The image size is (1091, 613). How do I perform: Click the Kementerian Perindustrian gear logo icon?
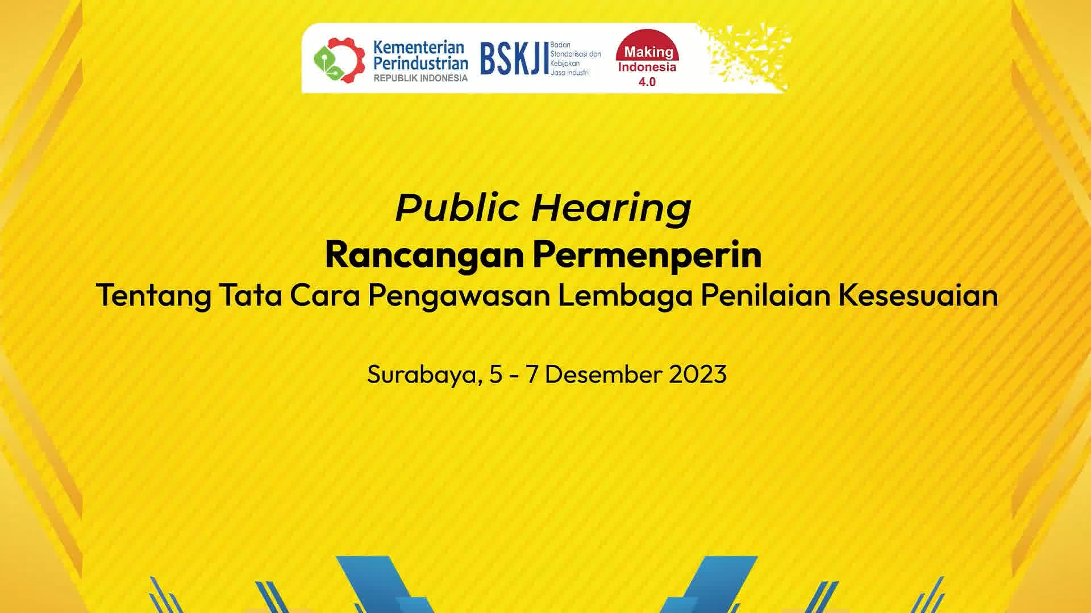pyautogui.click(x=339, y=60)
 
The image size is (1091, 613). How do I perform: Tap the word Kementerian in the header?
pyautogui.click(x=419, y=47)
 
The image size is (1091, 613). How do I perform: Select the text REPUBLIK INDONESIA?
pyautogui.click(x=420, y=78)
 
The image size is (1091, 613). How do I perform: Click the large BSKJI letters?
pyautogui.click(x=514, y=59)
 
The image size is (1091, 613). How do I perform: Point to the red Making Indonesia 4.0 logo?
pyautogui.click(x=648, y=59)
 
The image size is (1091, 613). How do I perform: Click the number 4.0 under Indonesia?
pyautogui.click(x=647, y=82)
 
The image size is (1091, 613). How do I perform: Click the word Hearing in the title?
pyautogui.click(x=611, y=209)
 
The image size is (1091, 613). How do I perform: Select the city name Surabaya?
pyautogui.click(x=422, y=375)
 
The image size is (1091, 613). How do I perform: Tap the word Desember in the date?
pyautogui.click(x=603, y=374)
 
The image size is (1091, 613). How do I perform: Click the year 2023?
pyautogui.click(x=698, y=374)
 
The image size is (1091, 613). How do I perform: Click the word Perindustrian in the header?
pyautogui.click(x=420, y=63)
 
